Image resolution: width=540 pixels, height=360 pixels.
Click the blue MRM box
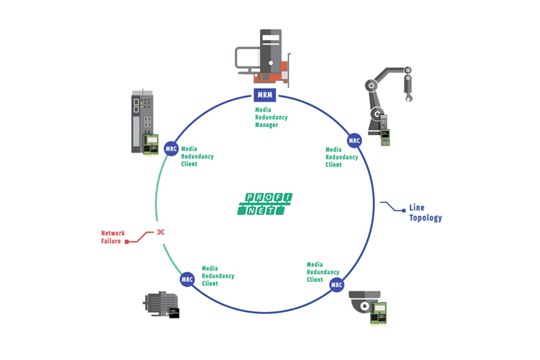click(x=264, y=95)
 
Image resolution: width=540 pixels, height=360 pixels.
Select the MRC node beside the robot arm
click(x=354, y=140)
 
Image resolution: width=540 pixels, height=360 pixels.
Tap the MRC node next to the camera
click(x=336, y=284)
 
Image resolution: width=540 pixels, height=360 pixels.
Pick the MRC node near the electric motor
click(x=188, y=279)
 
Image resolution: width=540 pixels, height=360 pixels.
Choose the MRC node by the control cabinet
click(x=171, y=148)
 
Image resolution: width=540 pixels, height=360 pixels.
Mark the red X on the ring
click(x=160, y=232)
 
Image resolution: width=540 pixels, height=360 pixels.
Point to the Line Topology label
click(x=425, y=212)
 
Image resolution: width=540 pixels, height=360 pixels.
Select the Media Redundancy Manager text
click(x=271, y=117)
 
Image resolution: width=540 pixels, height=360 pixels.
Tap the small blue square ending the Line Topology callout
click(x=402, y=210)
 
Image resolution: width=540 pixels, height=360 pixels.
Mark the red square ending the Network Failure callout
click(x=127, y=240)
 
